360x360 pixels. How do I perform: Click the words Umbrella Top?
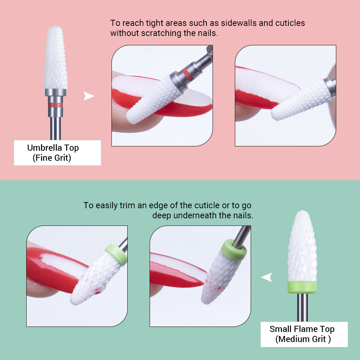[x=53, y=148]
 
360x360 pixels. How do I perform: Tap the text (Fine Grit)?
[x=52, y=158]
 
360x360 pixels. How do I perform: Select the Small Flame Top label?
[x=302, y=329]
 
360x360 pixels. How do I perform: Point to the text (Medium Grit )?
[x=303, y=339]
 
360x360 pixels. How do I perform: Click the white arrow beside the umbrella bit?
[x=88, y=96]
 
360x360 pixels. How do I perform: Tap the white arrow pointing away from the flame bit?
[x=266, y=277]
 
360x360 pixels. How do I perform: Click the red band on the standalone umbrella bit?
[x=55, y=105]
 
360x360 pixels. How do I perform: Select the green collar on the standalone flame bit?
[x=302, y=287]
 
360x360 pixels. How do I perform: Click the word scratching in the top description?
[x=156, y=33]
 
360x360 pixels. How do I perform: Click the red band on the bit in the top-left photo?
[x=186, y=74]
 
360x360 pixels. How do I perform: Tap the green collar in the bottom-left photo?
[x=116, y=254]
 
